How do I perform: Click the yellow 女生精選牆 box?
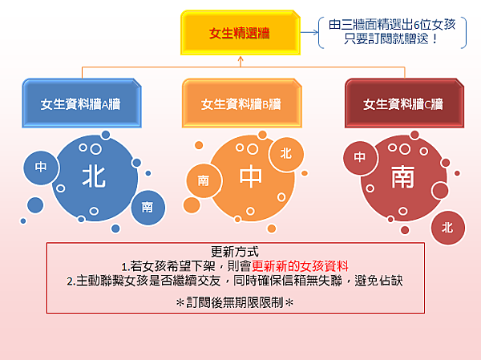(x=240, y=33)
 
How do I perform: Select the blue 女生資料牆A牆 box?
(x=82, y=103)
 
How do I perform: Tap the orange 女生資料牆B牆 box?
(x=242, y=103)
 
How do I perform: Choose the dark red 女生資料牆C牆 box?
(x=404, y=103)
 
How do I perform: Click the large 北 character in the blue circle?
(x=94, y=177)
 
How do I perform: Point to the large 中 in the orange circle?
(x=251, y=176)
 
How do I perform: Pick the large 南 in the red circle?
(x=402, y=176)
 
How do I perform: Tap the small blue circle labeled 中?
(x=41, y=168)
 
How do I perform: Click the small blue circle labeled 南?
(x=148, y=208)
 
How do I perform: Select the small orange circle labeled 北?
(x=286, y=154)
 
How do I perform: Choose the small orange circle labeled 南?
(x=204, y=180)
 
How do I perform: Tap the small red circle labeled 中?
(x=360, y=158)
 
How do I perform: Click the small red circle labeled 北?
(x=448, y=228)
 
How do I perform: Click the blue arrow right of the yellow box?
(x=309, y=32)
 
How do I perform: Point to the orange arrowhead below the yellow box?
(x=240, y=59)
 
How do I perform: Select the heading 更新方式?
(x=235, y=252)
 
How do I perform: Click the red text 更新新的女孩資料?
(x=300, y=266)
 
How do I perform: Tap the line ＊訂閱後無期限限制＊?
(x=235, y=302)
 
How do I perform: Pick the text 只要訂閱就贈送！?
(x=392, y=38)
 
